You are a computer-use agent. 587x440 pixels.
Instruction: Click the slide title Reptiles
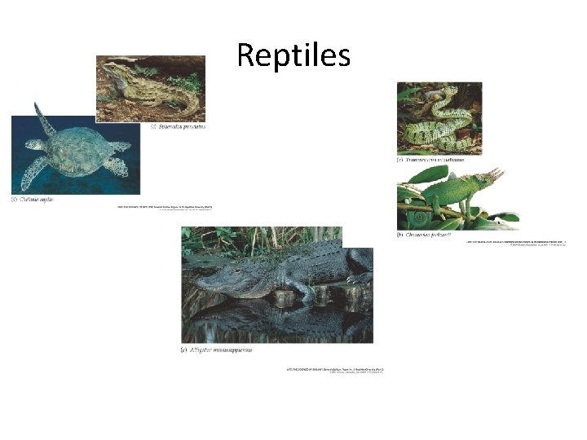293,55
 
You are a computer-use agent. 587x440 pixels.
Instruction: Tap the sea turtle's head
31,145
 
